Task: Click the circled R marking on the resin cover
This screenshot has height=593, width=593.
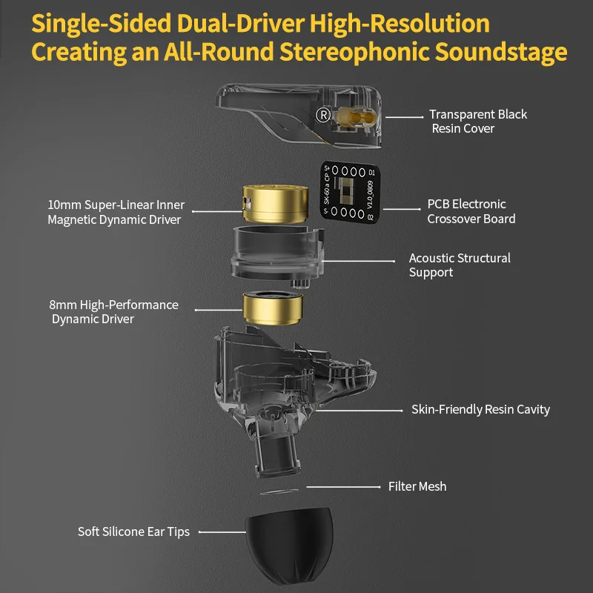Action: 323,115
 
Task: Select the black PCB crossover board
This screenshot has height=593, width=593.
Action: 350,193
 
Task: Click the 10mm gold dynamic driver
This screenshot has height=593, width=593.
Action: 275,205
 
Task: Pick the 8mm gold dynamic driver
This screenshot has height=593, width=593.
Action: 272,308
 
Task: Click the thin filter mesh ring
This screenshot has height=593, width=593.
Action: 279,491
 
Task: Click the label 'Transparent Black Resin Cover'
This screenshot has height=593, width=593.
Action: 478,122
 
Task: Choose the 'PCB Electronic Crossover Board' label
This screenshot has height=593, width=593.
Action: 471,211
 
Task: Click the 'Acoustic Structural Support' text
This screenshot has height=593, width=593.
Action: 460,265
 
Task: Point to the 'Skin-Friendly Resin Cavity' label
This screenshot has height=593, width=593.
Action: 480,410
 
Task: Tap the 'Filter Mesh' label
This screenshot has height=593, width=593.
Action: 417,486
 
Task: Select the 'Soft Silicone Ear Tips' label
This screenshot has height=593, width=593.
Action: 133,531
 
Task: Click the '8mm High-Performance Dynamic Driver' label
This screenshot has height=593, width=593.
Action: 113,312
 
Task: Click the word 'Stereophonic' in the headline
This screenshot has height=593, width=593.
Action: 355,52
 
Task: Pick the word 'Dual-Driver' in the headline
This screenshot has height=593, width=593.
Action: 240,24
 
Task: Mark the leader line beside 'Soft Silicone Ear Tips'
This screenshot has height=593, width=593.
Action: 222,532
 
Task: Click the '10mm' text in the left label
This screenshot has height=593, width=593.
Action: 64,205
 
